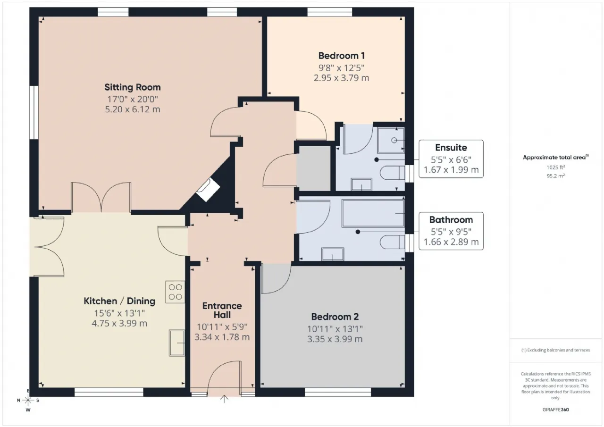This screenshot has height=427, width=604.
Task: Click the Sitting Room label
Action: click(133, 87)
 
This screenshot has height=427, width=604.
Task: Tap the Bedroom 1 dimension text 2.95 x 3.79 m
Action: click(341, 78)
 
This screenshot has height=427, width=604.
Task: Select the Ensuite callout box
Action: click(451, 159)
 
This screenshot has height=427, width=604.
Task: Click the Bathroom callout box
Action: click(451, 231)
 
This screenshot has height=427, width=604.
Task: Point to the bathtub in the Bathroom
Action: click(373, 213)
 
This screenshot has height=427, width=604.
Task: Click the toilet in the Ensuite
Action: click(393, 173)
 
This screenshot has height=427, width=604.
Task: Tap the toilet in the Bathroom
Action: click(393, 243)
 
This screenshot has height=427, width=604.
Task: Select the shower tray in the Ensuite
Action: click(391, 141)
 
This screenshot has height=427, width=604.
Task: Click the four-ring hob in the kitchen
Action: click(175, 292)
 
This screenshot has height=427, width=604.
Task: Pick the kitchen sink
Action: click(177, 343)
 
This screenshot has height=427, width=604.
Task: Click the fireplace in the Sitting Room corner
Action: click(208, 190)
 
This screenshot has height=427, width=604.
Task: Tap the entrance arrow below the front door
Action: click(224, 399)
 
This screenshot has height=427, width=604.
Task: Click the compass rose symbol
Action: click(28, 401)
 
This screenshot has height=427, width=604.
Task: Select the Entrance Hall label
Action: click(222, 310)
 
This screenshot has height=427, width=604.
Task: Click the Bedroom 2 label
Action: click(335, 317)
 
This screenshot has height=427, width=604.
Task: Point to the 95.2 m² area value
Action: click(556, 176)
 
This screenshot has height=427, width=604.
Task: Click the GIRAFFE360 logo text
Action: click(556, 410)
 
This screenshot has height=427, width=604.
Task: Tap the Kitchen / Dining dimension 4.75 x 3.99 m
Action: click(119, 323)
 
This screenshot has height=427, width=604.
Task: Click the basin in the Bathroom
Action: click(333, 254)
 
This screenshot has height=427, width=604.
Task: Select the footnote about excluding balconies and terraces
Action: click(556, 350)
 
